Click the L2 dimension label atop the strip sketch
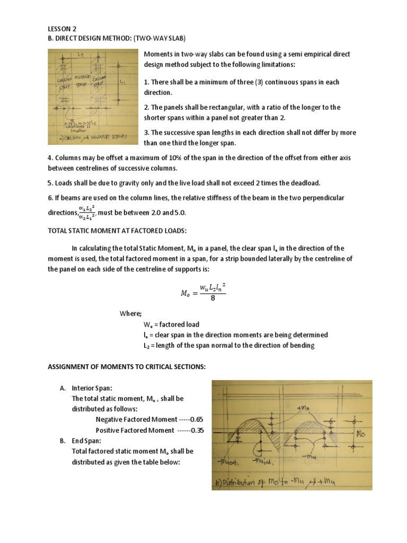[81, 54]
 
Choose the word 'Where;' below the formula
[130, 313]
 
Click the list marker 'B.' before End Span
[63, 440]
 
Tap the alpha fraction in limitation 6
[86, 212]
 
